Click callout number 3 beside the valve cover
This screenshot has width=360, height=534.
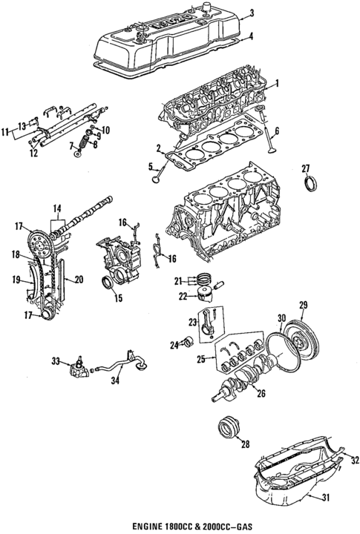tap(252, 12)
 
